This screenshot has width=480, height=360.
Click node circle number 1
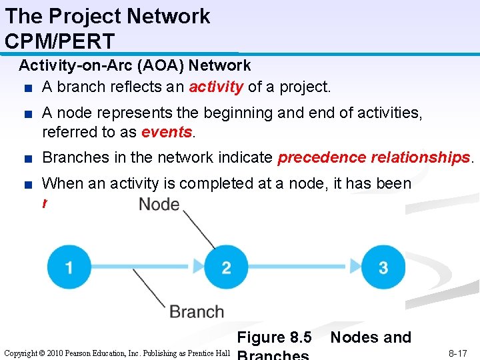[x=69, y=268]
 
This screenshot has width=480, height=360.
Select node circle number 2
[x=226, y=268]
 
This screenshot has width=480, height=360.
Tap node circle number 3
[x=383, y=268]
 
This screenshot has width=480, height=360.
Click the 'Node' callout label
[x=159, y=204]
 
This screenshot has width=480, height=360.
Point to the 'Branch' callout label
[x=197, y=311]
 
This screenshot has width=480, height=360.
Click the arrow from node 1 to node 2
[x=147, y=268]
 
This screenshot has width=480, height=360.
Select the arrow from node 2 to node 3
[x=304, y=268]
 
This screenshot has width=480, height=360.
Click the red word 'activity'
[x=216, y=87]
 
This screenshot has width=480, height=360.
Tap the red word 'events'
[x=166, y=132]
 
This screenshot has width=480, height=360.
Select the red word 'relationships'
[x=419, y=158]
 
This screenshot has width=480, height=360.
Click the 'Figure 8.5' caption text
[x=274, y=337]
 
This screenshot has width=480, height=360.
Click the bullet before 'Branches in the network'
[x=25, y=159]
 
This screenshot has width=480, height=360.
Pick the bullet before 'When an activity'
[x=25, y=184]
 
